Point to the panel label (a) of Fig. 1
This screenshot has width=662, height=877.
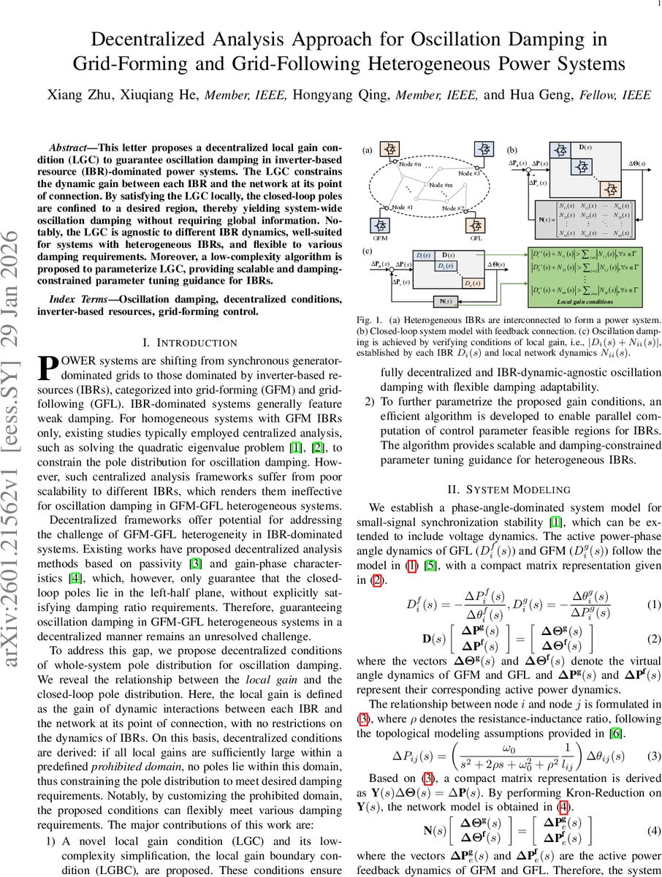(x=367, y=151)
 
